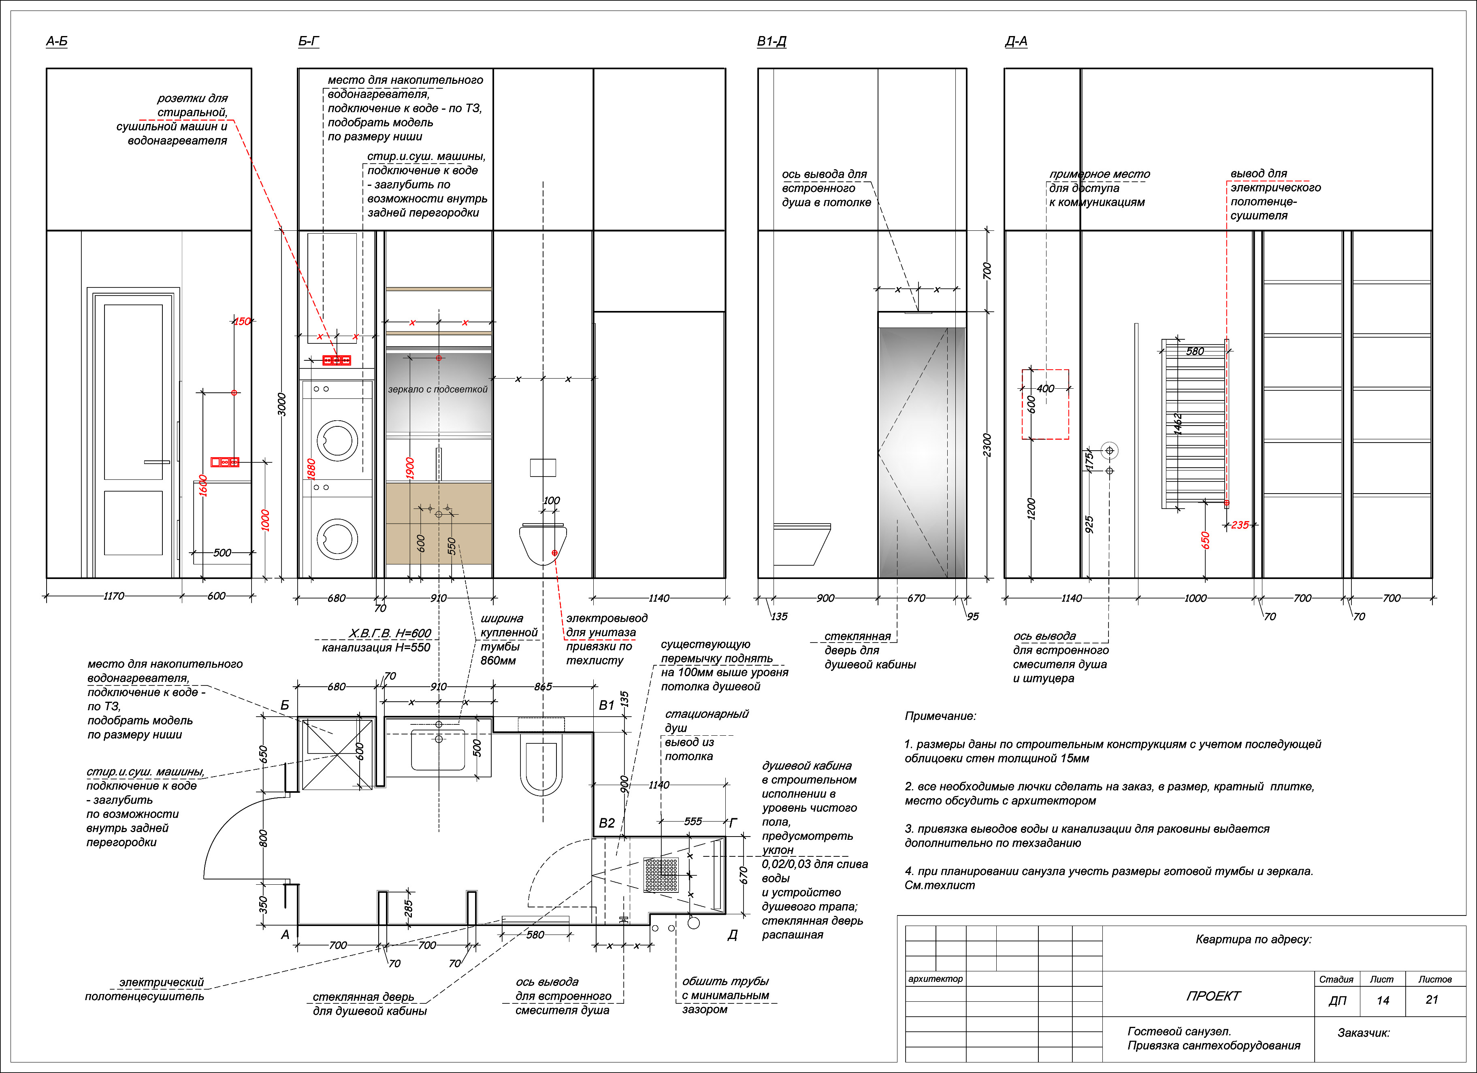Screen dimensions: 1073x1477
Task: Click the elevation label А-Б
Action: point(57,42)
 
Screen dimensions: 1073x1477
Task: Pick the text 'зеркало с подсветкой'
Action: point(438,390)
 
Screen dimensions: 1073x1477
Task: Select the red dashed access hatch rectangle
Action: point(1045,405)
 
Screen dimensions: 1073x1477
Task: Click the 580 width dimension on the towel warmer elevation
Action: point(1195,351)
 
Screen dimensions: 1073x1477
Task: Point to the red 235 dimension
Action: point(1240,525)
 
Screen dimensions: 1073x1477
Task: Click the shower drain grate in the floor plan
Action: point(661,875)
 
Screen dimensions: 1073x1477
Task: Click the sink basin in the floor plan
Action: point(438,749)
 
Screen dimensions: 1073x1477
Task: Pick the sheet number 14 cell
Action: point(1383,1000)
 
